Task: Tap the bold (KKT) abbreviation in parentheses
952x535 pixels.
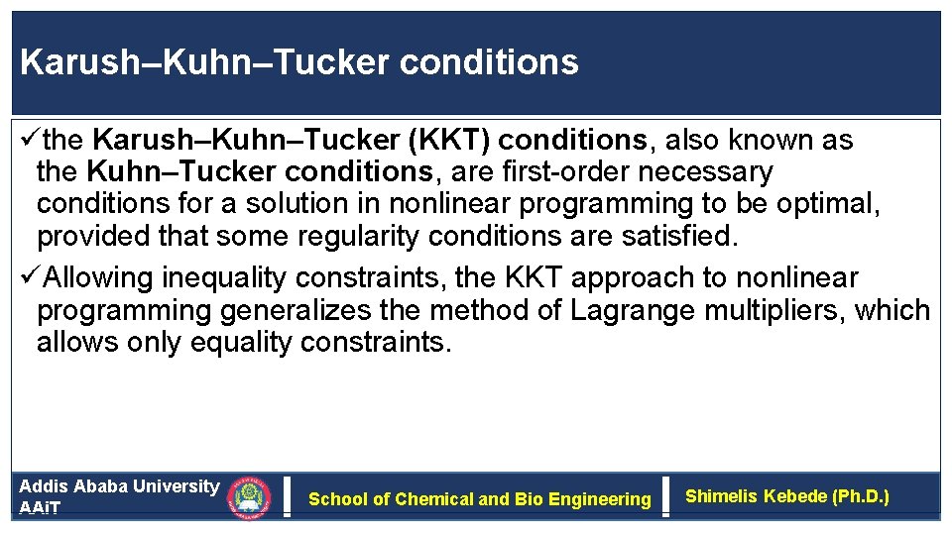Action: coord(442,141)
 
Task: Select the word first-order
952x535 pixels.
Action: coord(569,172)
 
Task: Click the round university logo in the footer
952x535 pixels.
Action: coord(248,497)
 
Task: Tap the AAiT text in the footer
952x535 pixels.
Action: coord(40,507)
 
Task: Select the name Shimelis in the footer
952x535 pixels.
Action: coord(723,496)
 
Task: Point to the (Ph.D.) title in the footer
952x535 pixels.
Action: coord(858,496)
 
